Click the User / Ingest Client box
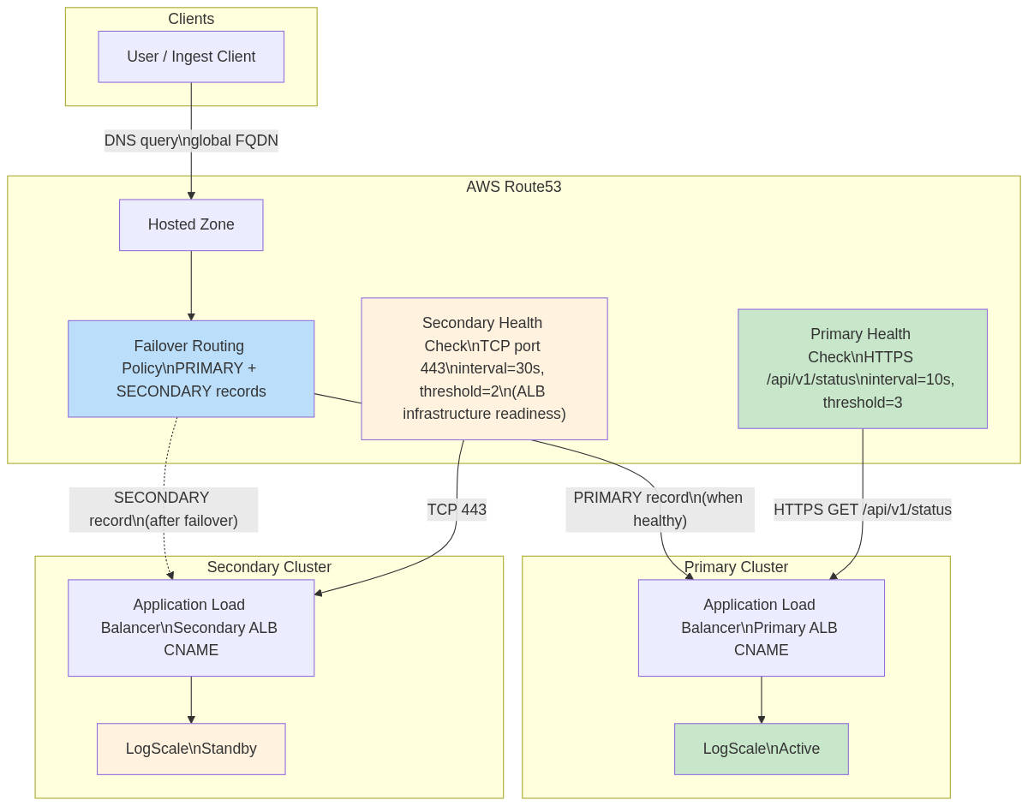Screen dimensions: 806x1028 click(191, 57)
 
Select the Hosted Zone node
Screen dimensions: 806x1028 click(191, 224)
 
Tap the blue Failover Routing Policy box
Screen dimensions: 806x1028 click(191, 368)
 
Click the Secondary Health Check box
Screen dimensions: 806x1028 click(484, 368)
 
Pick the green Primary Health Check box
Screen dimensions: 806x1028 click(862, 368)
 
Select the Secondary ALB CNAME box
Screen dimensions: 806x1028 click(191, 628)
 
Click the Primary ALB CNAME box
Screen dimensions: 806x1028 click(761, 628)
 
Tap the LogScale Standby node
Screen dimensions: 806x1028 click(191, 749)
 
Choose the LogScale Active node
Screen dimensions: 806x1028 click(761, 749)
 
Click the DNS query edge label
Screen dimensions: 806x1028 click(191, 140)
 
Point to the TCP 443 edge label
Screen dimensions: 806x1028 click(457, 510)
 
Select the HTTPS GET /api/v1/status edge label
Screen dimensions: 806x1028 click(862, 510)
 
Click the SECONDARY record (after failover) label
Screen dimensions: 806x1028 click(164, 510)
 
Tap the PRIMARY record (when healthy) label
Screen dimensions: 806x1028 click(660, 510)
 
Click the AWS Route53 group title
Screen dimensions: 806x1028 click(513, 187)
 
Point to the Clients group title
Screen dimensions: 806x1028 click(191, 19)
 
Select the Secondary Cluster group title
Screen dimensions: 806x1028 click(269, 567)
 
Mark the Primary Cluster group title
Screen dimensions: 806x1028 click(736, 567)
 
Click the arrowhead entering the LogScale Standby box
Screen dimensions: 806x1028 click(191, 719)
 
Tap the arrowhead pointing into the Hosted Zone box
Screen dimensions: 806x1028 click(191, 195)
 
